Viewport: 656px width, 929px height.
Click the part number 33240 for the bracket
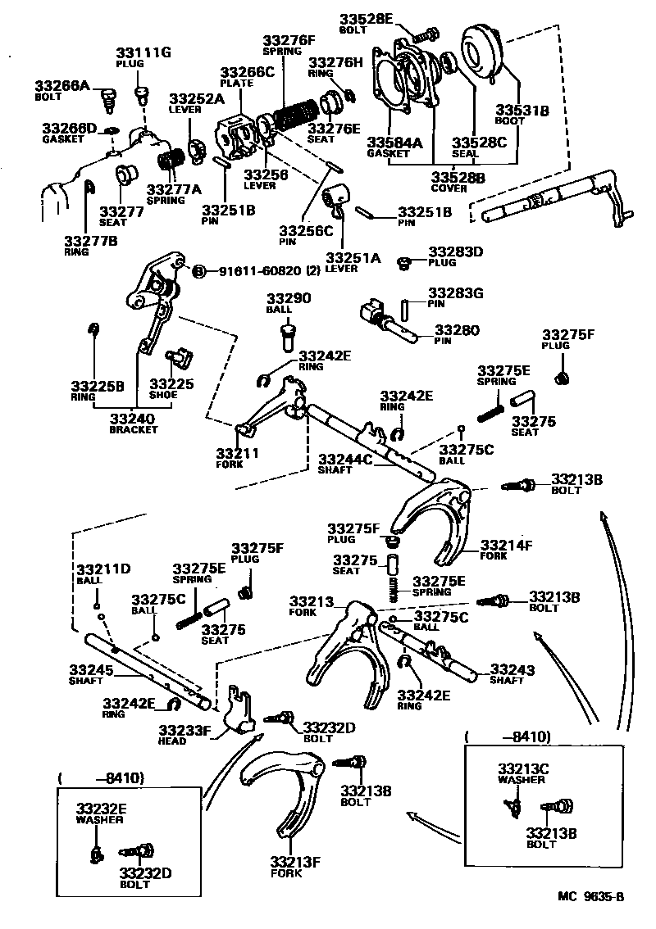click(x=133, y=418)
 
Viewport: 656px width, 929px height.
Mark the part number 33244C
click(x=345, y=460)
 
